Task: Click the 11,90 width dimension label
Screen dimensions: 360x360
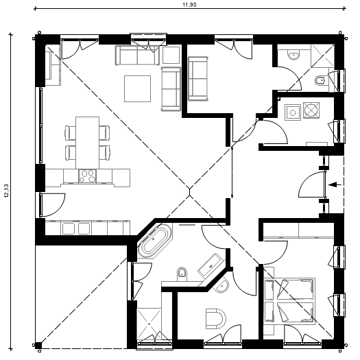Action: tap(189, 5)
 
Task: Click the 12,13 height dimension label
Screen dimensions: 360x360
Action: tap(6, 191)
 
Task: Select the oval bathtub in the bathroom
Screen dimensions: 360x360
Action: tap(154, 241)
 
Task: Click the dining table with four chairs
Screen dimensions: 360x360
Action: tap(88, 143)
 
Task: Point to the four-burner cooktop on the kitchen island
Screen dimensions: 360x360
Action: tap(88, 176)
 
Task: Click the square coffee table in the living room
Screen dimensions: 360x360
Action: tap(138, 88)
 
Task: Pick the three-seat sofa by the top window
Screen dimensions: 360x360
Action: tap(137, 56)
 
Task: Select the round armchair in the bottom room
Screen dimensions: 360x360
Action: tap(215, 319)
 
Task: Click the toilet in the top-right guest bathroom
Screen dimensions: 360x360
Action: tap(320, 80)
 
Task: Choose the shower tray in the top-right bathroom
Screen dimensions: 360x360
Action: tap(322, 56)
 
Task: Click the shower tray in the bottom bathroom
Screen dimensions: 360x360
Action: tap(149, 324)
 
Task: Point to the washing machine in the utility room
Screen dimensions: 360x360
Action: tap(293, 112)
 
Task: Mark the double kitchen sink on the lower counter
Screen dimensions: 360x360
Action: tap(76, 228)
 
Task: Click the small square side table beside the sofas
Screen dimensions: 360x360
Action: tap(171, 55)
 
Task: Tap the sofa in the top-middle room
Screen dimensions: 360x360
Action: tap(198, 79)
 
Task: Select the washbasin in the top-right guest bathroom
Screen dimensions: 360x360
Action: tap(294, 56)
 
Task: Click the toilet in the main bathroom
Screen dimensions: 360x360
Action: tap(182, 274)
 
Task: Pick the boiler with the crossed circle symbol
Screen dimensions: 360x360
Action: tap(311, 110)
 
